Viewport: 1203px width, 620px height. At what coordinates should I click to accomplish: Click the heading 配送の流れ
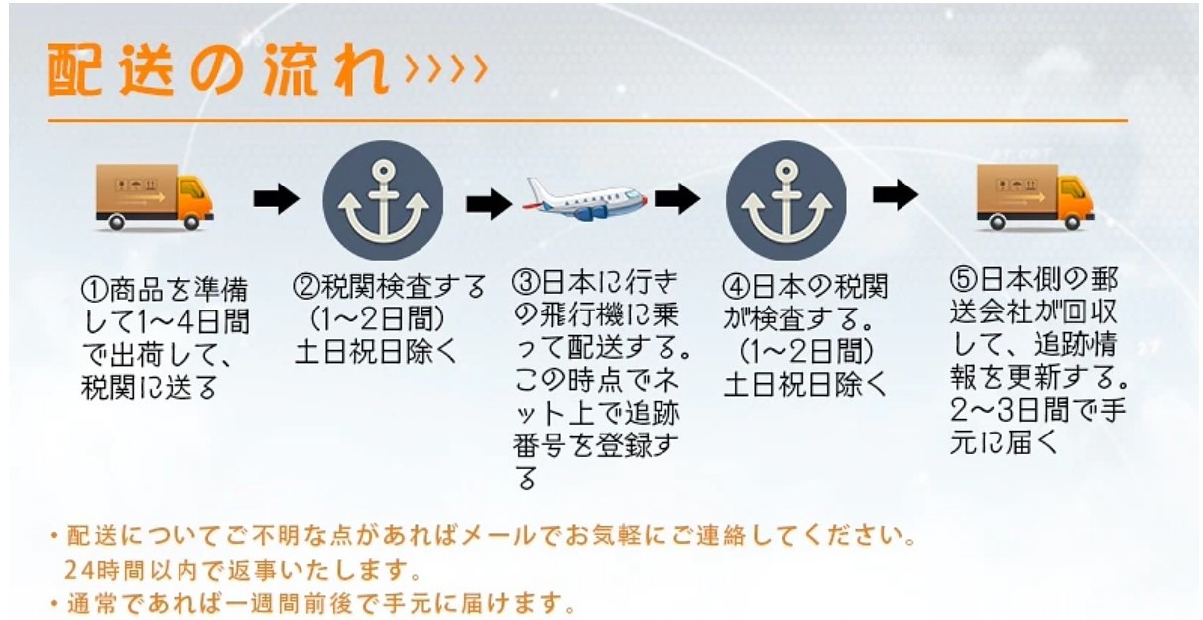click(x=217, y=69)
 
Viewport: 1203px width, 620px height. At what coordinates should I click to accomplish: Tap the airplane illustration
click(x=585, y=199)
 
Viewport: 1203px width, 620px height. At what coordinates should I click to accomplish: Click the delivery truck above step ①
click(x=155, y=197)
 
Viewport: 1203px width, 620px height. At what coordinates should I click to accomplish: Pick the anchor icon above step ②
click(x=383, y=200)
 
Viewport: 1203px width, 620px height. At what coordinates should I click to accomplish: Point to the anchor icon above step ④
click(x=786, y=200)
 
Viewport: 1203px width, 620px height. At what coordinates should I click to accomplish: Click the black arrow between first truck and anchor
click(x=276, y=198)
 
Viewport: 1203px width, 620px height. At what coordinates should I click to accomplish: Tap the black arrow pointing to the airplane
click(x=489, y=204)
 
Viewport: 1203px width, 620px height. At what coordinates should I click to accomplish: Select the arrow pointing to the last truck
click(x=896, y=195)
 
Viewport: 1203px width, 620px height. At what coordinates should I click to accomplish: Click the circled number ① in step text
click(x=94, y=290)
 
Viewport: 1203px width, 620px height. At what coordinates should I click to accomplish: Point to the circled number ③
click(x=526, y=282)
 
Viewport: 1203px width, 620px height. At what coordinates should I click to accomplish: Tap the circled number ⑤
click(x=963, y=279)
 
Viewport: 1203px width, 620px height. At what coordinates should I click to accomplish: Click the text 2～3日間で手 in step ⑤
click(x=1037, y=411)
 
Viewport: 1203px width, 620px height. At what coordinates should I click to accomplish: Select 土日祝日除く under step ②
click(x=376, y=352)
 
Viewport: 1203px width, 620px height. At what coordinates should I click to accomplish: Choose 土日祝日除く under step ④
click(x=805, y=385)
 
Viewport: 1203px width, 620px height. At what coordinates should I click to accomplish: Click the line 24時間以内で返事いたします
click(x=242, y=570)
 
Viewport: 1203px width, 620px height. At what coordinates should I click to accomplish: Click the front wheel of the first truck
click(x=191, y=222)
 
